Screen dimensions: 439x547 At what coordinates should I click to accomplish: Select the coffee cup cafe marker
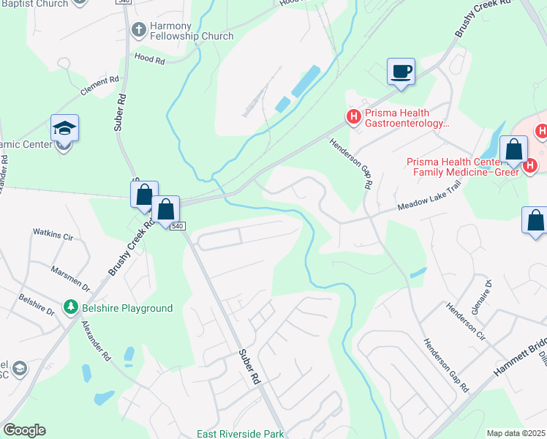400,72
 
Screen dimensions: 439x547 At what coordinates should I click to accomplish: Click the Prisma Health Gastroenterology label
406,117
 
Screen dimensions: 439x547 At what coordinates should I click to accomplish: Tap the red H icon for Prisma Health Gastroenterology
353,116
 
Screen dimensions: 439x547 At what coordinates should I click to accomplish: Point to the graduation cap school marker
65,129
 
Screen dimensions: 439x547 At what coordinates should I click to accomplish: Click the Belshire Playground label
127,308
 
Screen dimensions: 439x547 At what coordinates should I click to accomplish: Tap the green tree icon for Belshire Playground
71,307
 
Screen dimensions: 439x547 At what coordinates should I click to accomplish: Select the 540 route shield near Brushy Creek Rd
178,227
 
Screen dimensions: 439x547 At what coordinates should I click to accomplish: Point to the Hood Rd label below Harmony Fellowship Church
149,59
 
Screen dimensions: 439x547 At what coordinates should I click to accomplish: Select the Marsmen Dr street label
69,279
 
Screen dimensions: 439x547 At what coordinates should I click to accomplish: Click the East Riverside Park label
240,434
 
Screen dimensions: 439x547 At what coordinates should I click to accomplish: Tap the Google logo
24,430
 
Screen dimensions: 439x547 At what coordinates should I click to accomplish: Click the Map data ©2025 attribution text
516,433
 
